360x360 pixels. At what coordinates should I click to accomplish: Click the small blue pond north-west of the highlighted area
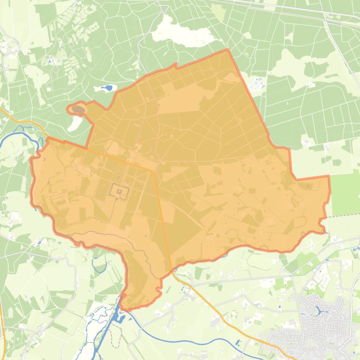pos(109,87)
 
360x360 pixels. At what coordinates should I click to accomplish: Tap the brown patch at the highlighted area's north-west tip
pos(78,110)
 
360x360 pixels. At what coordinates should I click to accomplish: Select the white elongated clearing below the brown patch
pos(75,123)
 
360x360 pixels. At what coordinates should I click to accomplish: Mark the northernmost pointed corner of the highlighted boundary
pos(228,50)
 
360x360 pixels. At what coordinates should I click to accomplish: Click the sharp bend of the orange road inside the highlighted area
pos(153,171)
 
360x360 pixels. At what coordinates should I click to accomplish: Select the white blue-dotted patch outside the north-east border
pos(257,84)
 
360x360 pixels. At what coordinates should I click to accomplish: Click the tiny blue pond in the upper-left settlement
pos(49,61)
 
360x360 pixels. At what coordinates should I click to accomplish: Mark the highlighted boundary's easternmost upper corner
pos(329,176)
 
